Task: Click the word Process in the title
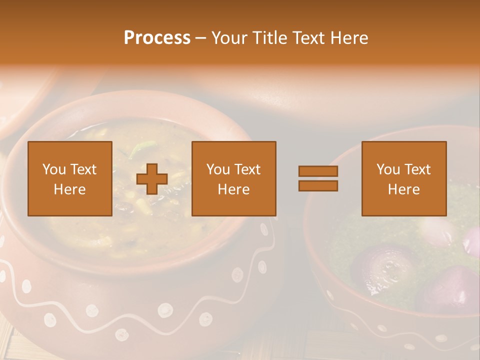pos(157,38)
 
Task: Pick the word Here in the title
pos(349,38)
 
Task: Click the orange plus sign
pos(152,179)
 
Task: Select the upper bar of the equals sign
pos(318,171)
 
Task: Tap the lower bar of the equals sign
pos(318,185)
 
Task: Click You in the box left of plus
pos(54,169)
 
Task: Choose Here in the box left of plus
pos(69,189)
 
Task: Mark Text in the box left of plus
pos(83,169)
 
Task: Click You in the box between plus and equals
pos(218,169)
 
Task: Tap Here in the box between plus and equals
pos(233,189)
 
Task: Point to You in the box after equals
pos(388,169)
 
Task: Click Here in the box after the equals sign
pos(403,189)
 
